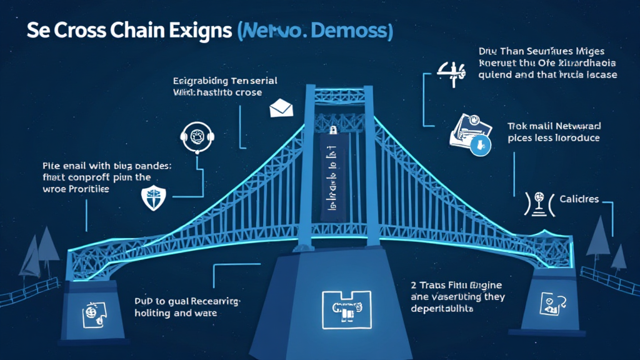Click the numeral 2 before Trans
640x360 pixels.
pos(414,284)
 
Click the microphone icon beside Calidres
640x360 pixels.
pos(537,203)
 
